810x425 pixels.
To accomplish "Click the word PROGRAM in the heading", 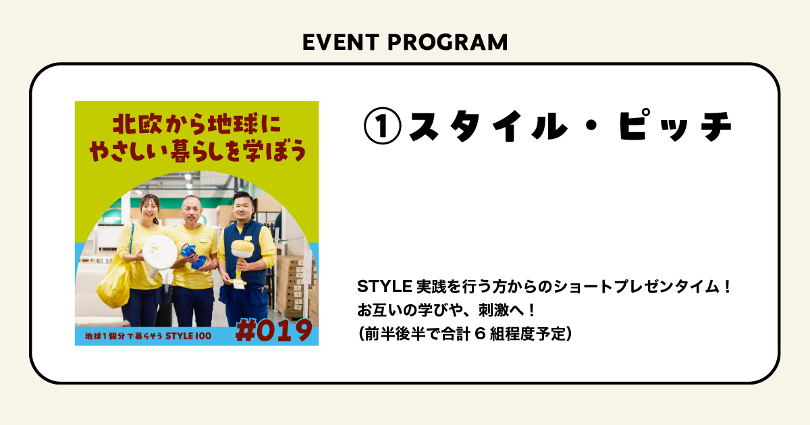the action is (x=448, y=42).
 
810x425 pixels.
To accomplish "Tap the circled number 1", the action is (x=382, y=126).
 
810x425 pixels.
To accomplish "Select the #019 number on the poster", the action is (x=274, y=330).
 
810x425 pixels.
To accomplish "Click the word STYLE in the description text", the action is (x=384, y=287).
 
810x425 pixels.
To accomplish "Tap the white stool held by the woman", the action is (x=159, y=254).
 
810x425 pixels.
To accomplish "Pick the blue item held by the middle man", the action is (x=193, y=256).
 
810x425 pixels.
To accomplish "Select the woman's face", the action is (x=149, y=208).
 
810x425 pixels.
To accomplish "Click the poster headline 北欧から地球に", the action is (x=197, y=124).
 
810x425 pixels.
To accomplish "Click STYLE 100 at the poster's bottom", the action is (x=188, y=336).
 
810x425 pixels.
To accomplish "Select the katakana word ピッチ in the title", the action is (x=675, y=125).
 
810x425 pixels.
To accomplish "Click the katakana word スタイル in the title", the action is (x=487, y=126).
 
